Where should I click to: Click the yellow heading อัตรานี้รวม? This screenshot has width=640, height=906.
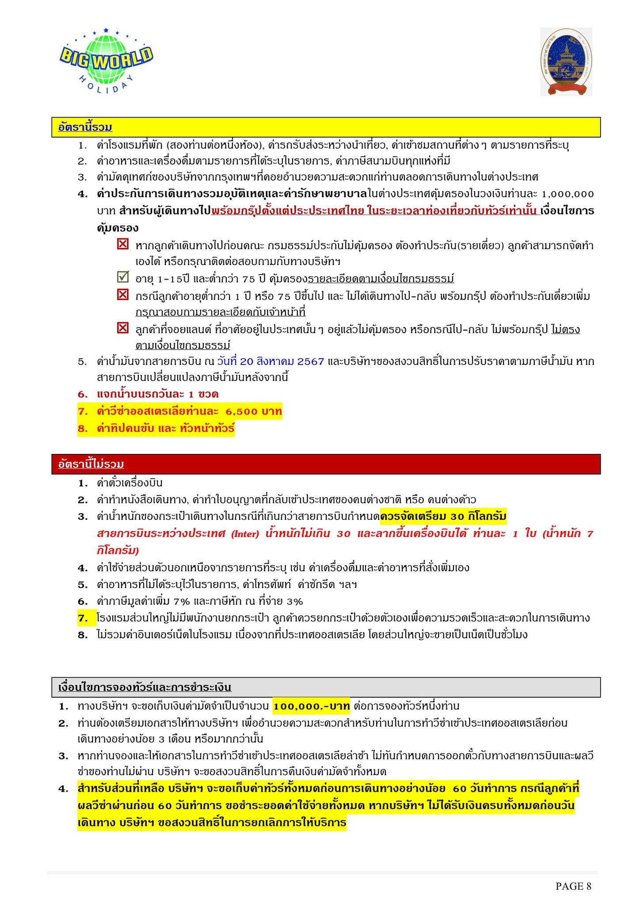click(x=85, y=128)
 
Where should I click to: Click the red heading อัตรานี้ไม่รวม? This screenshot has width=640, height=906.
click(x=91, y=464)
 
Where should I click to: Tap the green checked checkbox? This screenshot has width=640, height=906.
click(x=122, y=278)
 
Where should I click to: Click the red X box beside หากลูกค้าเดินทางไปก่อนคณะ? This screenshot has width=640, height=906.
click(x=122, y=244)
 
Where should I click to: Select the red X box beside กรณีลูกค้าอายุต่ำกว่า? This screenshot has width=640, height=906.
click(x=122, y=295)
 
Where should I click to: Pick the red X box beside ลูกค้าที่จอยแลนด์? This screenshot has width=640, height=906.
click(x=122, y=329)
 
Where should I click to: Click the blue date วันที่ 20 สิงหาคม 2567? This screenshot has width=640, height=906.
click(x=271, y=361)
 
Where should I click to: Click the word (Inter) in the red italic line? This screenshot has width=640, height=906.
click(x=244, y=534)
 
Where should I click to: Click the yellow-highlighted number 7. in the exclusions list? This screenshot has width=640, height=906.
click(x=84, y=618)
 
